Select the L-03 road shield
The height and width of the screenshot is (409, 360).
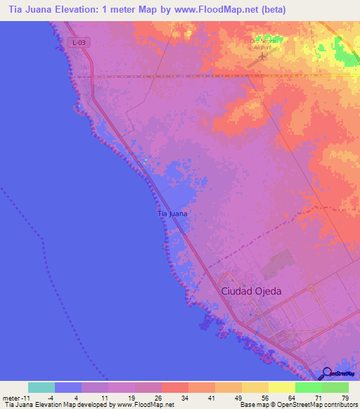[x=79, y=43]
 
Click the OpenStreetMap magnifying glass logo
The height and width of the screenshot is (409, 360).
[x=327, y=373]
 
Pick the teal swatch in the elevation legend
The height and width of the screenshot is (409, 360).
[x=41, y=387]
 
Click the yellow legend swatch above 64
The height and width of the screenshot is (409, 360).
[x=281, y=387]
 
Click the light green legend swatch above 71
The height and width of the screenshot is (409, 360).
[x=308, y=387]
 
